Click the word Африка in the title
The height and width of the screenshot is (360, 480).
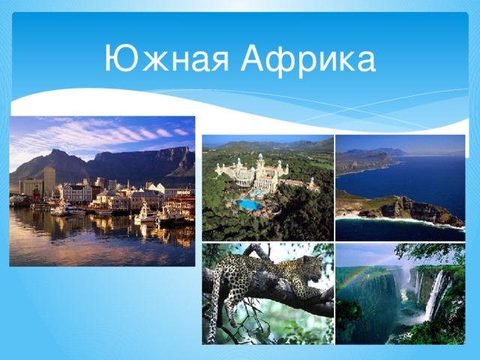(308, 59)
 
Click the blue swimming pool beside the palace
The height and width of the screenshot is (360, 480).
(249, 204)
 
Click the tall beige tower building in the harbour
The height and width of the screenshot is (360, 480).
(49, 181)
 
